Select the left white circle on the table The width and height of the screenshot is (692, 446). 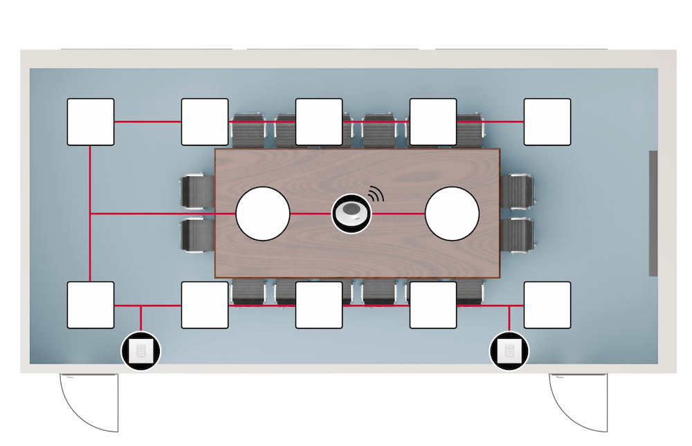click(x=262, y=214)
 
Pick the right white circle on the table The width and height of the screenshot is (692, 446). click(x=452, y=214)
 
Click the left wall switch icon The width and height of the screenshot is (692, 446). click(x=141, y=351)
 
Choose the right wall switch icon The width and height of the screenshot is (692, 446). click(x=509, y=351)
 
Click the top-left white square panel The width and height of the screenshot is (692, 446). click(x=91, y=122)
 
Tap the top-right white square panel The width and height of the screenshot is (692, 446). click(x=547, y=122)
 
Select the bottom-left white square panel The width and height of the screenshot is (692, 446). click(x=91, y=305)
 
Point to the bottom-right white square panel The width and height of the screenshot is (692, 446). click(x=547, y=305)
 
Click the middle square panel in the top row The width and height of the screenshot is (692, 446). click(x=319, y=122)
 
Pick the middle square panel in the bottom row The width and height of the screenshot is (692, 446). click(x=319, y=305)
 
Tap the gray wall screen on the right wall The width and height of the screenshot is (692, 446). click(x=653, y=213)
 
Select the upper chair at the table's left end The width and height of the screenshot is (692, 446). click(x=197, y=192)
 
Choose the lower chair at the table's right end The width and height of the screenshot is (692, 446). click(x=518, y=235)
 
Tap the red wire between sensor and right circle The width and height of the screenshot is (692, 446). click(x=399, y=214)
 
